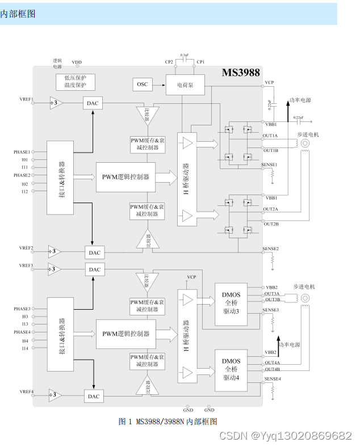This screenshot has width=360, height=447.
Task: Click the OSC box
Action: tap(143, 85)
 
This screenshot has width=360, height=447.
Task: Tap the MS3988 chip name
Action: tap(240, 73)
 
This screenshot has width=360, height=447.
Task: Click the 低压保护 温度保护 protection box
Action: tap(76, 81)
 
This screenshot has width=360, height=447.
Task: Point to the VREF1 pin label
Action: tap(26, 99)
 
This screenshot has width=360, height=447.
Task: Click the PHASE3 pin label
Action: tap(22, 309)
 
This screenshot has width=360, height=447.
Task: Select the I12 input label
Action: tap(25, 192)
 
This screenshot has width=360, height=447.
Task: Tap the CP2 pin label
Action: tap(169, 62)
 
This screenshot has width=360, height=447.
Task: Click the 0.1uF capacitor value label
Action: tap(185, 55)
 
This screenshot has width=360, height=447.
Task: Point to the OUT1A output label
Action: tap(271, 136)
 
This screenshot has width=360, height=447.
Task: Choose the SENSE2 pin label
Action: tap(271, 248)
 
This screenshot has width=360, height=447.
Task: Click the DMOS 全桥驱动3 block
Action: tap(231, 305)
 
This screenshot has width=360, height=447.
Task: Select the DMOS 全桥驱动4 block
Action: tap(231, 369)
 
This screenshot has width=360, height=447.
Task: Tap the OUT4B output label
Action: tap(272, 369)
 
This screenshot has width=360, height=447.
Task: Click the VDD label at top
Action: tap(77, 62)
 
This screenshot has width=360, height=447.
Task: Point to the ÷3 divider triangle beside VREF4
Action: tap(55, 395)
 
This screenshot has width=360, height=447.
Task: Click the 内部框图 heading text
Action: tap(18, 14)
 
